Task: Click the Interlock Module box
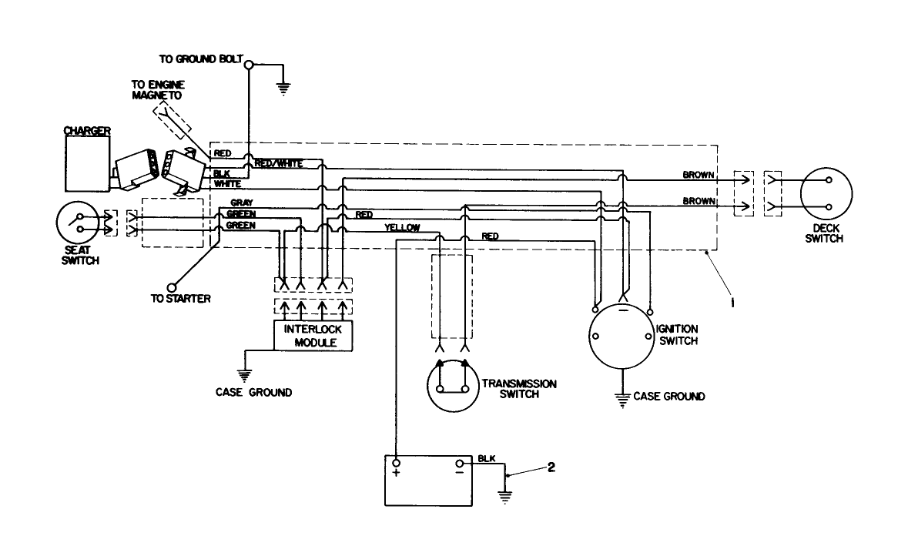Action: pyautogui.click(x=313, y=335)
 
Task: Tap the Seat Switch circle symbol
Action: pyautogui.click(x=79, y=225)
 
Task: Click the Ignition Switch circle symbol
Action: pyautogui.click(x=621, y=337)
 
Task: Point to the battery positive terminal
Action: pyautogui.click(x=396, y=464)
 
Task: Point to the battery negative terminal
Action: pyautogui.click(x=460, y=464)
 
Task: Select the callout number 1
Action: pyautogui.click(x=732, y=303)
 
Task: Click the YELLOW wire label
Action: pyautogui.click(x=402, y=228)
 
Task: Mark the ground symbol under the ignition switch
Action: pyautogui.click(x=621, y=398)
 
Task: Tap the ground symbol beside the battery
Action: pyautogui.click(x=505, y=497)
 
